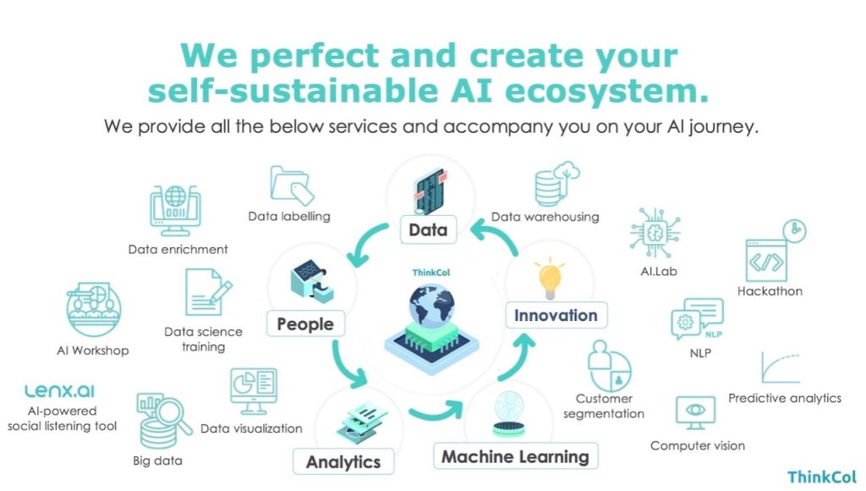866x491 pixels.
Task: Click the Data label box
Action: [x=429, y=229]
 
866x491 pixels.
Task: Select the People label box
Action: [x=305, y=323]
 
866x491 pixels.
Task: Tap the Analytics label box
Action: [x=343, y=461]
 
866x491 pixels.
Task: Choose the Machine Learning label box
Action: [x=516, y=456]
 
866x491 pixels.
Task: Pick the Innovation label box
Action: [x=556, y=315]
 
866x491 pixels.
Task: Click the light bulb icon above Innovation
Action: [x=550, y=279]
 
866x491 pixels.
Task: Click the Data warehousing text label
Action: [x=545, y=217]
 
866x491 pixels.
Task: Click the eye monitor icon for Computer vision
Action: [x=695, y=412]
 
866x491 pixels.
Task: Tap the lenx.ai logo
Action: [x=60, y=391]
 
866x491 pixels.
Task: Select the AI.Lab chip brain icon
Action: [x=655, y=233]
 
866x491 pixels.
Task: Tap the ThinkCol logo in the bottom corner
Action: [x=822, y=477]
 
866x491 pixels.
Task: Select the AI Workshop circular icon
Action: [x=93, y=310]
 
